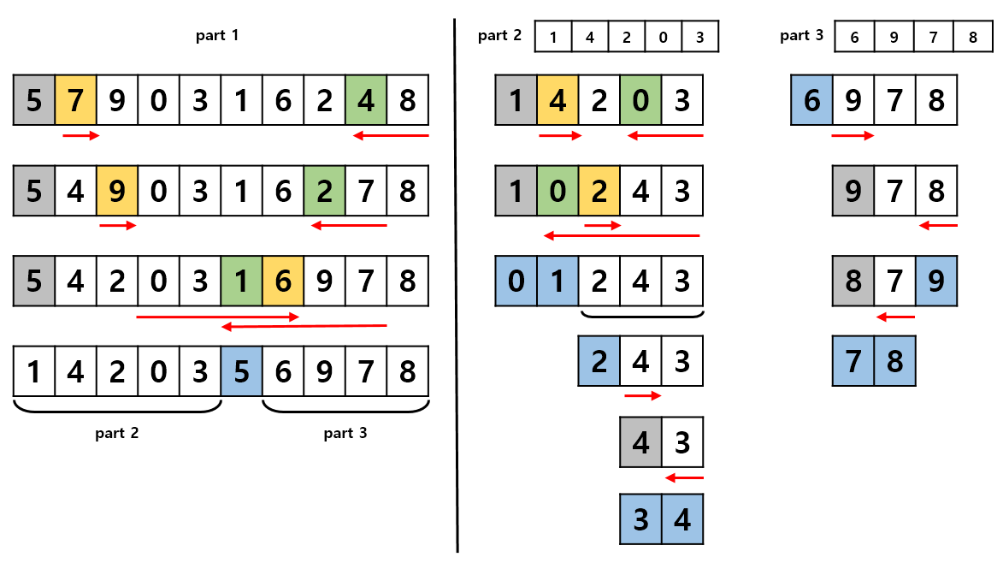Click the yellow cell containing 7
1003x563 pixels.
coord(75,100)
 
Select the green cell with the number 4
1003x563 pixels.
coord(366,100)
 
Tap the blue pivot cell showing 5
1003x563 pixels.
coord(241,371)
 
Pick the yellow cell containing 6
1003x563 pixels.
coord(283,281)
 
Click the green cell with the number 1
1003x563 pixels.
coord(241,281)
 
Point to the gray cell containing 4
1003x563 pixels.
coord(640,442)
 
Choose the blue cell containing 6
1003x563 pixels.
coord(811,100)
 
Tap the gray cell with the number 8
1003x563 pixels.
coord(853,281)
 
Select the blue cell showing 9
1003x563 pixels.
coord(935,281)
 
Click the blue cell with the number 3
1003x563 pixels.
coord(640,519)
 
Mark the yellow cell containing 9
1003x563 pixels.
coord(117,191)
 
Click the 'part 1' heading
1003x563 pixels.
coord(217,35)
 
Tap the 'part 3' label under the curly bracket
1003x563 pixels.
coord(345,433)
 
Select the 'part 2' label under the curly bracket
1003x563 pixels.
coord(117,433)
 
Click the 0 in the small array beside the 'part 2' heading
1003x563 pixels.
coord(663,37)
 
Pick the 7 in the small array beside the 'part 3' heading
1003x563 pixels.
coord(933,37)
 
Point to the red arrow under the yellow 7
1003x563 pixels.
coord(81,136)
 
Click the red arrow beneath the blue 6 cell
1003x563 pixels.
coord(853,136)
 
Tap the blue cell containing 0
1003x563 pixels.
coord(516,281)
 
